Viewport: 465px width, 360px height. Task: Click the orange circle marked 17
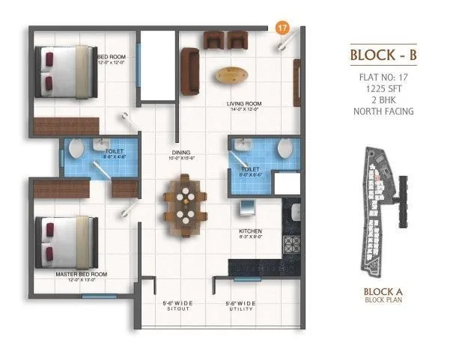point(282,28)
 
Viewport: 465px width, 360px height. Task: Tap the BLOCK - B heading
point(383,56)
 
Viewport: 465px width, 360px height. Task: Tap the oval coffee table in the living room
point(232,74)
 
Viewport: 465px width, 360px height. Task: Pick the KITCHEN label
point(249,231)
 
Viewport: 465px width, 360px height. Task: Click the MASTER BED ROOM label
point(81,275)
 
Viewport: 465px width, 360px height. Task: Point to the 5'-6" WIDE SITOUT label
point(177,305)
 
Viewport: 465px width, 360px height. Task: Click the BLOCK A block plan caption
point(383,297)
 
